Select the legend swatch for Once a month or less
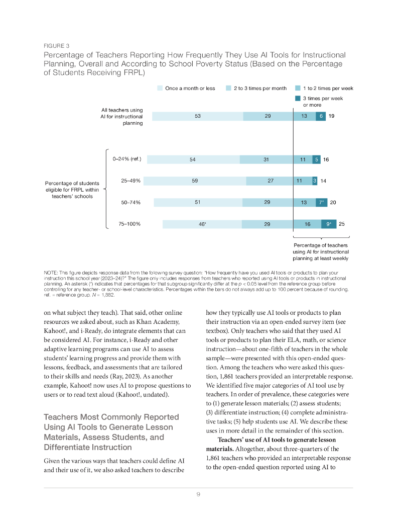coord(160,89)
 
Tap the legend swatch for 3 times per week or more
coord(298,99)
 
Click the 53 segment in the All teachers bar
coord(197,116)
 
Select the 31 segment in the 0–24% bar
coord(267,159)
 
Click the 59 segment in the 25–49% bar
coord(195,181)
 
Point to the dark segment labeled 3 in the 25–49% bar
coord(315,181)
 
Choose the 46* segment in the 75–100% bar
coord(203,224)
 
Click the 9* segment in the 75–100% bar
coord(329,224)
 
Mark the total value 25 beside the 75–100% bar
coord(342,224)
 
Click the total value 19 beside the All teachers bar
coord(332,116)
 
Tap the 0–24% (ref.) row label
coord(127,159)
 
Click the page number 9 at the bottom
coord(198,494)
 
